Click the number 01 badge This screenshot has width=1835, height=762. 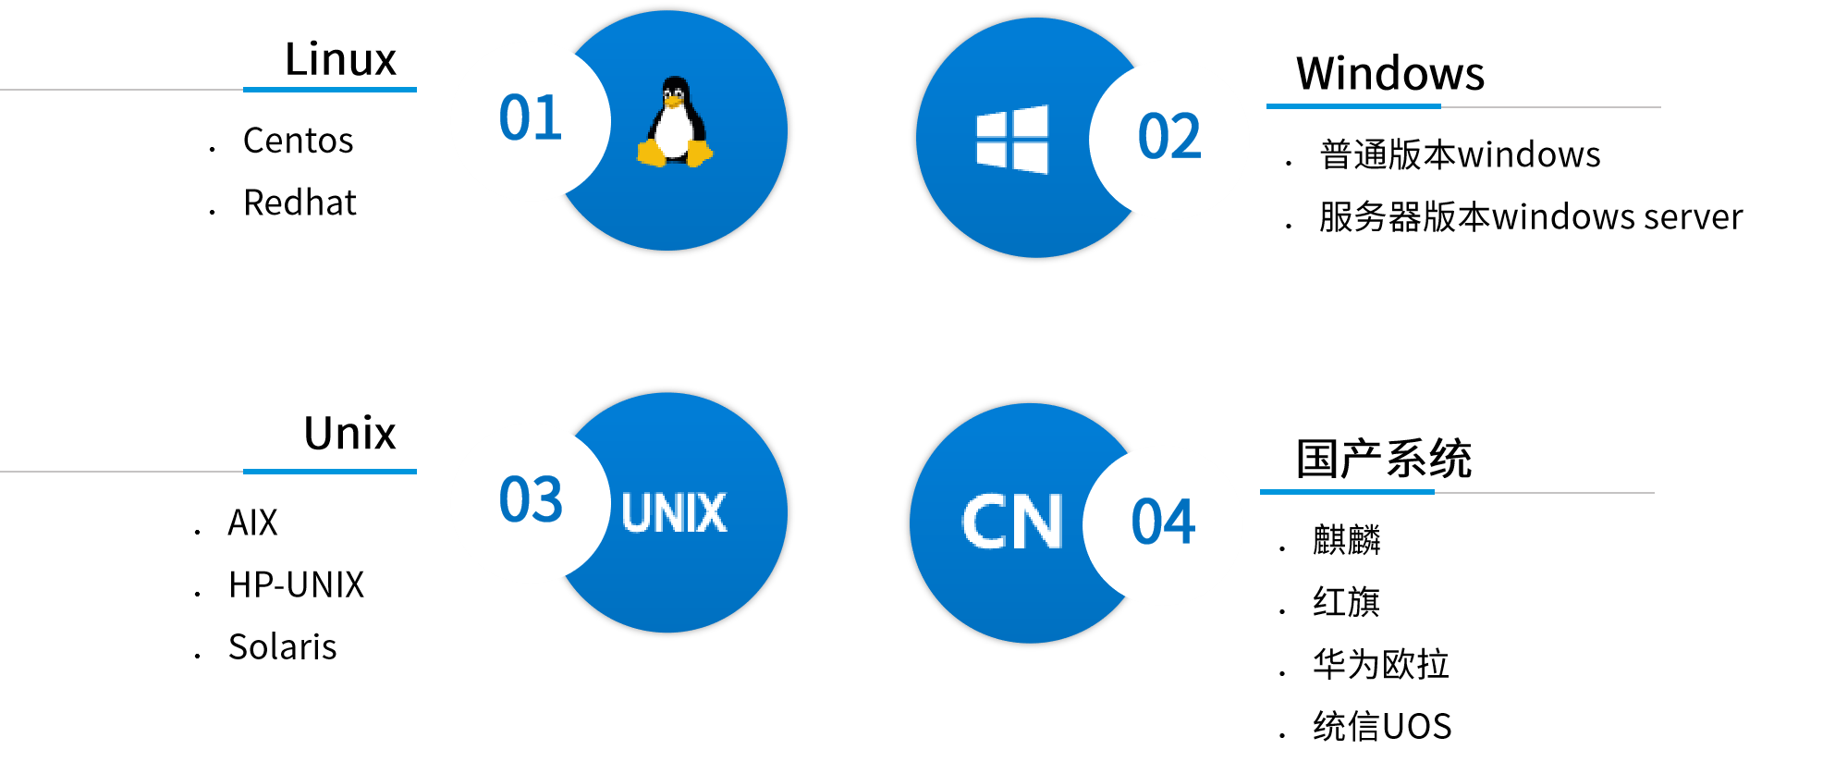pyautogui.click(x=530, y=120)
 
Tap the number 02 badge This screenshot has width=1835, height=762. pyautogui.click(x=1169, y=139)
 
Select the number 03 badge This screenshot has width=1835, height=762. pyautogui.click(x=530, y=502)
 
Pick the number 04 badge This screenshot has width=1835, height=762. pyautogui.click(x=1163, y=524)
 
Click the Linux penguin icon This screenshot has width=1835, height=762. pyautogui.click(x=675, y=123)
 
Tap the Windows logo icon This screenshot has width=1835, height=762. pyautogui.click(x=1012, y=140)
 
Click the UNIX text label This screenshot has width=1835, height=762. pyautogui.click(x=674, y=513)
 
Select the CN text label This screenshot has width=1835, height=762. pyautogui.click(x=1011, y=523)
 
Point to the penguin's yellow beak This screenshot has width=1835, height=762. pyautogui.click(x=674, y=96)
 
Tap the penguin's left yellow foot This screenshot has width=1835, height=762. pyautogui.click(x=652, y=154)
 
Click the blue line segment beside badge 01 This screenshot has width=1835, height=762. pyautogui.click(x=330, y=90)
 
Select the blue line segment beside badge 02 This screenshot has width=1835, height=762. pyautogui.click(x=1353, y=106)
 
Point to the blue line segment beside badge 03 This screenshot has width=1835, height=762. pyautogui.click(x=330, y=472)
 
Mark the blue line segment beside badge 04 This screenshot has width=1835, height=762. pyautogui.click(x=1347, y=492)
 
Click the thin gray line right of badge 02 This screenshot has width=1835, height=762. pyautogui.click(x=1551, y=107)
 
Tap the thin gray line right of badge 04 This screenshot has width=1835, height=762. pyautogui.click(x=1545, y=493)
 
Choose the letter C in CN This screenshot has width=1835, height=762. pyautogui.click(x=985, y=523)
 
